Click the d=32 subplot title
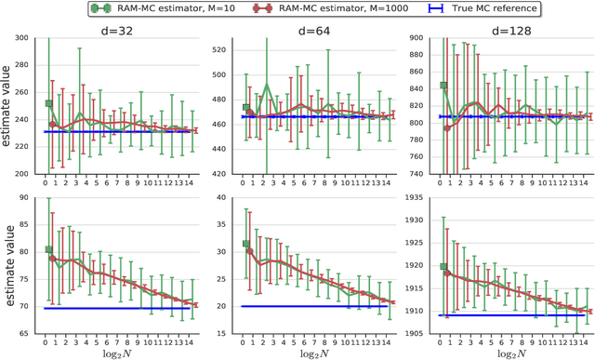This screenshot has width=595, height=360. (x=119, y=30)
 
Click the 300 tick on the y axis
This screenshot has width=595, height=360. (x=29, y=38)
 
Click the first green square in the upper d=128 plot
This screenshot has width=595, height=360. (x=417, y=86)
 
